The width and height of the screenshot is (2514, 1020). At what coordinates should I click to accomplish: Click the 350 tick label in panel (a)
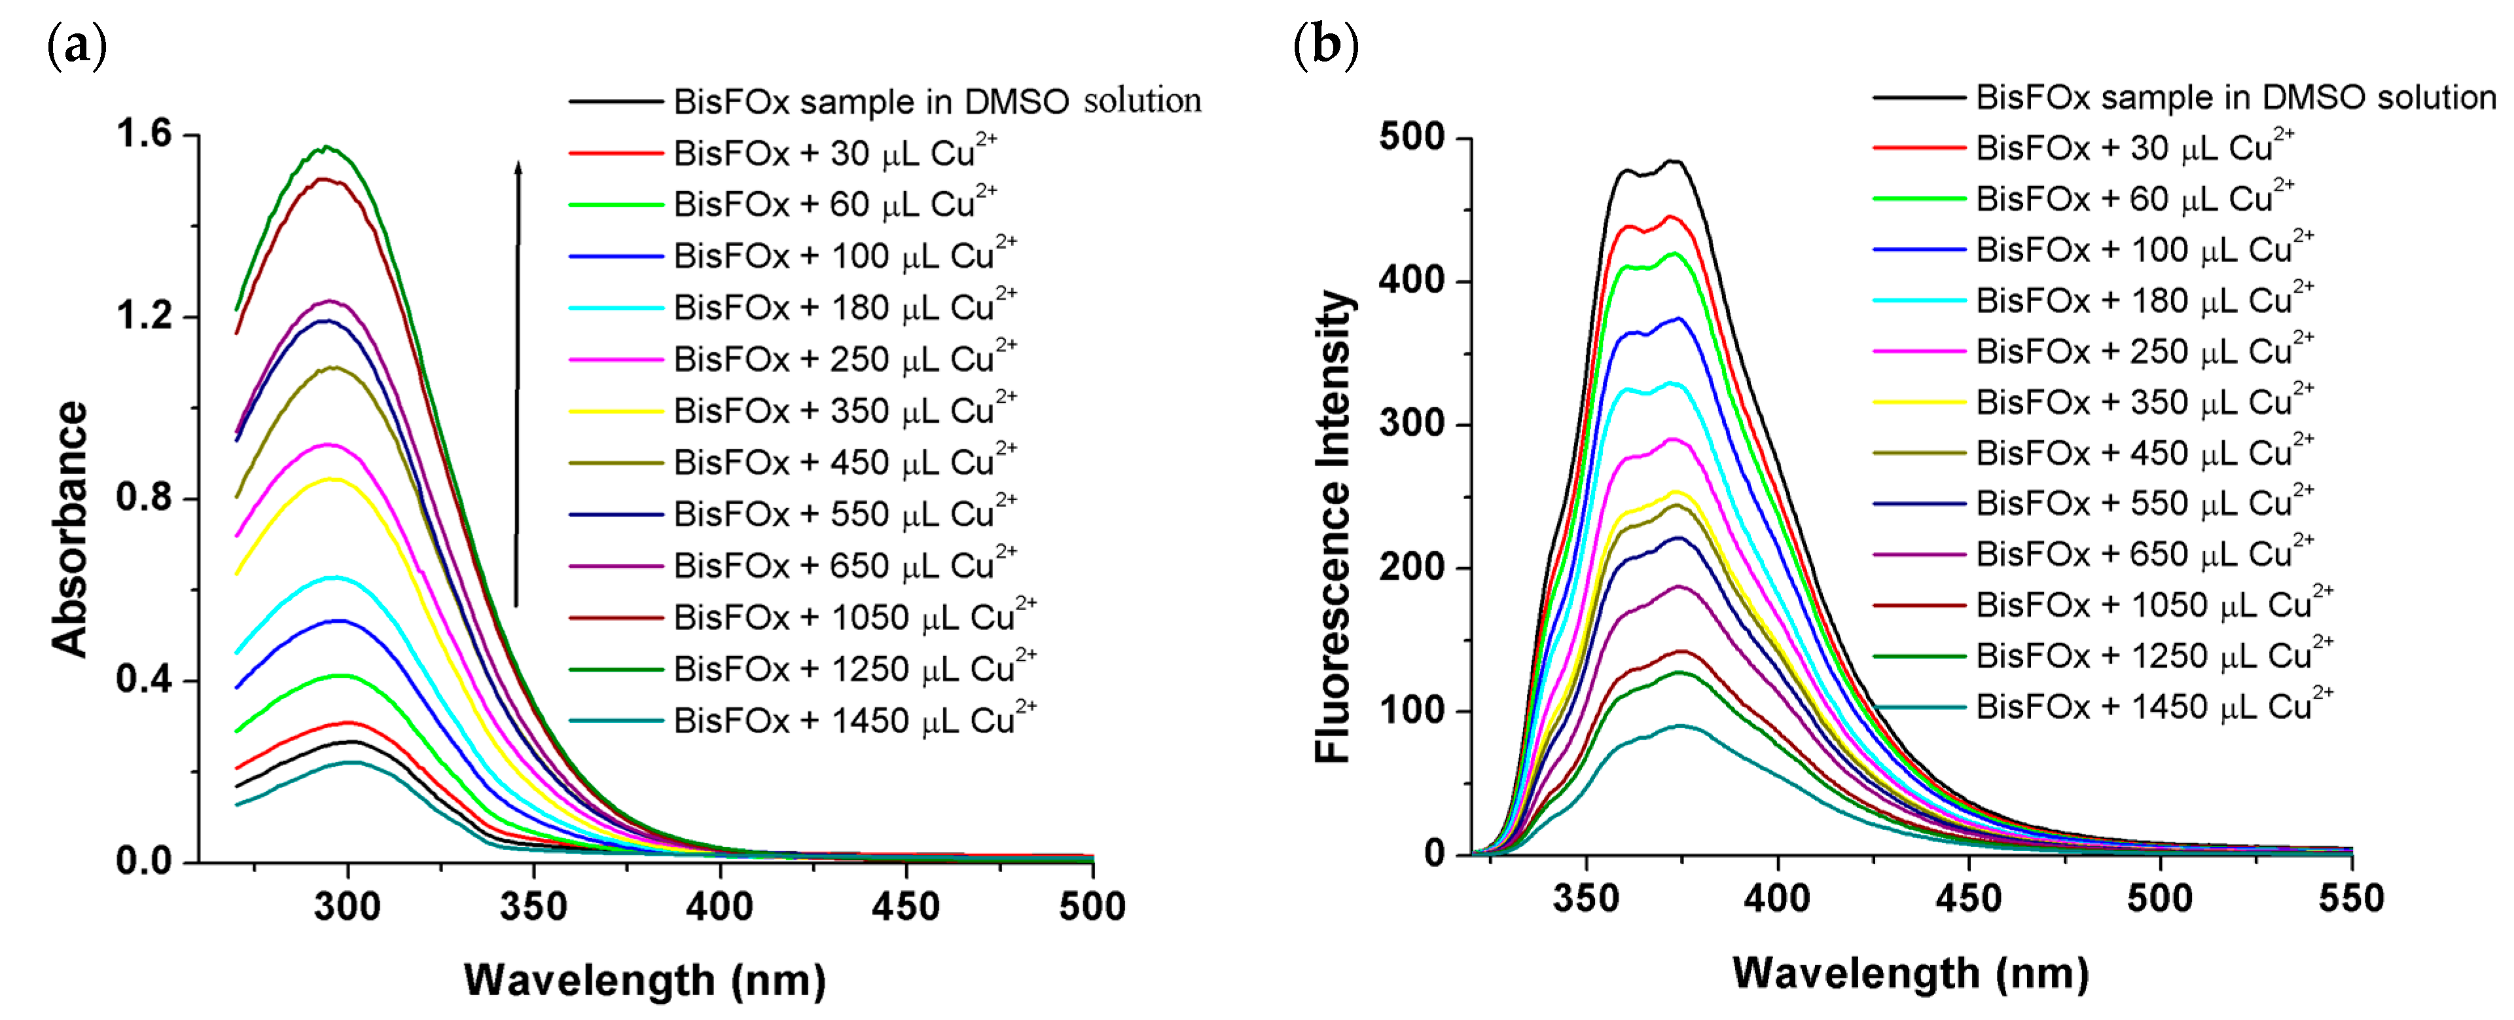point(533,907)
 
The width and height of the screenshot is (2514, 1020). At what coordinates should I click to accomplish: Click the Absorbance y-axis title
point(70,528)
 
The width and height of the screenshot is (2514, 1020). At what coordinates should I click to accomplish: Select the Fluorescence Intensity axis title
point(1333,526)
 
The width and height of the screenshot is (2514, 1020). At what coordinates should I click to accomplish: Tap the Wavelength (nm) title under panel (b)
point(1910,973)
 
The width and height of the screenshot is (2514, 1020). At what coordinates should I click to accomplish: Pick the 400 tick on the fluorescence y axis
point(1411,281)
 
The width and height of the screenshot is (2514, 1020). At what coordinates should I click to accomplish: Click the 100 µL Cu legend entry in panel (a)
point(844,256)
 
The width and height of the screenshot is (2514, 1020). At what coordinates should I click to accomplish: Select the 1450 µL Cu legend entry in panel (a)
point(854,720)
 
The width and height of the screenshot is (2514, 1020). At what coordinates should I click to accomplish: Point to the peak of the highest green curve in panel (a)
point(328,147)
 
